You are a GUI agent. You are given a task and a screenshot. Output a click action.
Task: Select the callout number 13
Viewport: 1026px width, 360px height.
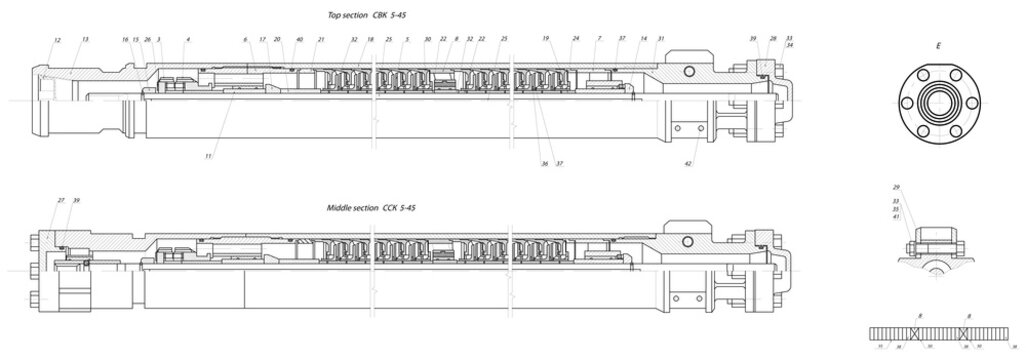[86, 39]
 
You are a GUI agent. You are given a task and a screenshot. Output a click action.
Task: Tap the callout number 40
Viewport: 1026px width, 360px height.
[299, 39]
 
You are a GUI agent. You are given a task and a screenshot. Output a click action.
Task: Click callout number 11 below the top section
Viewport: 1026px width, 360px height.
[208, 156]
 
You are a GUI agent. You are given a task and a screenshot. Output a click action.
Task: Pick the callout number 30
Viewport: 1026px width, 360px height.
[427, 39]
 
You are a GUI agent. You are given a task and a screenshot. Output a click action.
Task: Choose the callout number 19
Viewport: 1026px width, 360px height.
[546, 38]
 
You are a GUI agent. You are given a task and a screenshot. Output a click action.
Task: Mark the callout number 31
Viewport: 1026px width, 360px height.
[660, 39]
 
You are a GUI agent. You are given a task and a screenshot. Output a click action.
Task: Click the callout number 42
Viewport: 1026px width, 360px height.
[688, 162]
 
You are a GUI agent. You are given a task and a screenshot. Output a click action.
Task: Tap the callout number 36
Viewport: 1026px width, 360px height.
[544, 163]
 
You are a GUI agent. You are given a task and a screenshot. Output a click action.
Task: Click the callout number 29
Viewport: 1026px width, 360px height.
[897, 187]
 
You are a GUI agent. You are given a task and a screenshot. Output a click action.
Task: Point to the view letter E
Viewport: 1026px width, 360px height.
[938, 46]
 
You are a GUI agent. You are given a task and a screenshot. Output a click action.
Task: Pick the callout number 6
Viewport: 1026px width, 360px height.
[245, 39]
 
